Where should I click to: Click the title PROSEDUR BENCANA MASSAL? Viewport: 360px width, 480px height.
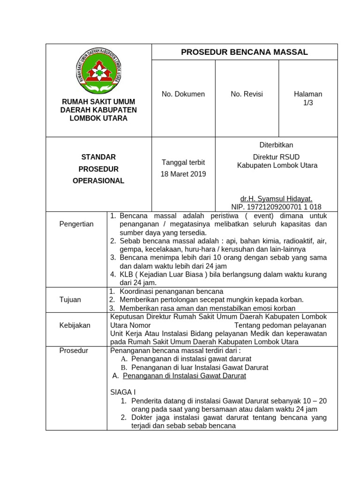click(244, 52)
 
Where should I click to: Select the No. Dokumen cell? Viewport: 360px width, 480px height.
click(183, 94)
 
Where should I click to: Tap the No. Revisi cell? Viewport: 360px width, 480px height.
click(247, 94)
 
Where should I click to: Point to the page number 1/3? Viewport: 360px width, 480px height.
click(308, 103)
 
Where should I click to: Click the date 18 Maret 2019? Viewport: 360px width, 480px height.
click(183, 174)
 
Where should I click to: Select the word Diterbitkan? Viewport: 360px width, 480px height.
click(276, 145)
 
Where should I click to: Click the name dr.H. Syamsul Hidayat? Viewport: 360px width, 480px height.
click(276, 199)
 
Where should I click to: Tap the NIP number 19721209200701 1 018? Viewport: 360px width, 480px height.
click(276, 207)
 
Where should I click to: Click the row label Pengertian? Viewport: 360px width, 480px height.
click(76, 224)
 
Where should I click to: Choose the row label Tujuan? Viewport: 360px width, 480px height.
click(70, 300)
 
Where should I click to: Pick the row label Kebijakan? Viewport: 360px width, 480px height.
click(75, 325)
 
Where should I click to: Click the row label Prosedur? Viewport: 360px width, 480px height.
click(74, 350)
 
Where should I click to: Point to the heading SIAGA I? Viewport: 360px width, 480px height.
click(123, 392)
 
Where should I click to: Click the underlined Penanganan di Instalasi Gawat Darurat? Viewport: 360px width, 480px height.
click(184, 376)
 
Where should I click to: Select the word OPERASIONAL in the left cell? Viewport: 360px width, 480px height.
click(98, 181)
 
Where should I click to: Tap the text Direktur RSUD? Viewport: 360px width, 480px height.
click(276, 157)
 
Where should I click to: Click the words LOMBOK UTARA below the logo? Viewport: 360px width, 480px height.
click(98, 119)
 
